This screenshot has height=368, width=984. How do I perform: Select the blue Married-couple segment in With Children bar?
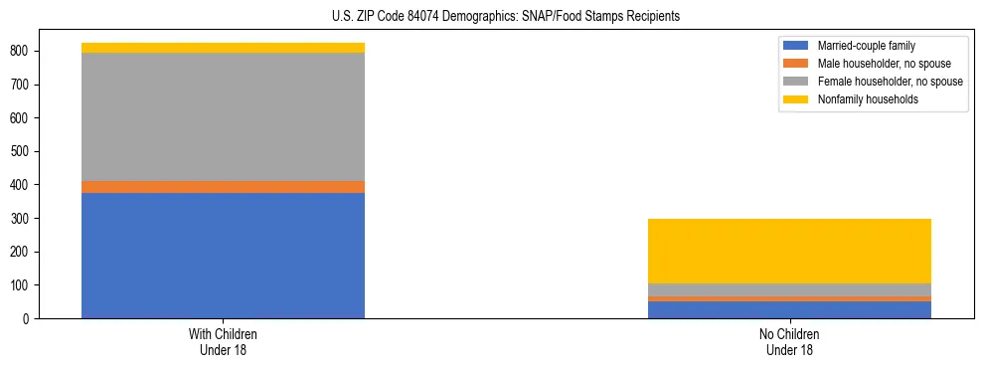coord(223,256)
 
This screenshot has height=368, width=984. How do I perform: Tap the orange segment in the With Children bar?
coord(223,187)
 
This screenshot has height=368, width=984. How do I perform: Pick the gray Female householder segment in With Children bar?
coord(223,116)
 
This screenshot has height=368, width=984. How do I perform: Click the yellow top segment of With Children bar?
coord(223,48)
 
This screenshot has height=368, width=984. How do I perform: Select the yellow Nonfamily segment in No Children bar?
coord(789,251)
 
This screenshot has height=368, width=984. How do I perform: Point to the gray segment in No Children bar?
coord(789,289)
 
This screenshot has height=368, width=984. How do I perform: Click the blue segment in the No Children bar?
coord(789,309)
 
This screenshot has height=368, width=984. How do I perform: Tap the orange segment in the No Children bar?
coord(789,298)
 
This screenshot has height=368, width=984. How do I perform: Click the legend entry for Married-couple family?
coord(866,46)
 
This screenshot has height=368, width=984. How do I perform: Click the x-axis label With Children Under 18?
coord(223,341)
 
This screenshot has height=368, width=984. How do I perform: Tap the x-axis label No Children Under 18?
coord(789,341)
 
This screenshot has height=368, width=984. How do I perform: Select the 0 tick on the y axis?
coord(26,318)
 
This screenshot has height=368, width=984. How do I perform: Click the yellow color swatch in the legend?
coord(796,99)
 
